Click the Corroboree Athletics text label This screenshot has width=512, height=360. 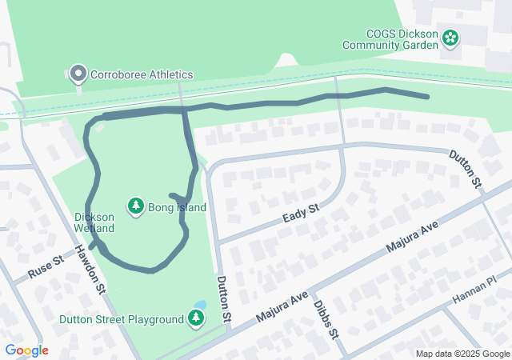pyautogui.click(x=142, y=74)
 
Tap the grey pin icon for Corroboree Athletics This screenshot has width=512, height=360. pyautogui.click(x=78, y=74)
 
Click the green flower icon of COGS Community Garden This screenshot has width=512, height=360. pyautogui.click(x=450, y=37)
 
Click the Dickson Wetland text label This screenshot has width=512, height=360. pyautogui.click(x=94, y=222)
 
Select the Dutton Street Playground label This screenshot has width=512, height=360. pyautogui.click(x=122, y=319)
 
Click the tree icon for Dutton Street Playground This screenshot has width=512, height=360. pyautogui.click(x=196, y=319)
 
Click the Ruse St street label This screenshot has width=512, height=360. pyautogui.click(x=45, y=267)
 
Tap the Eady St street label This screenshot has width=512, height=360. pyautogui.click(x=301, y=213)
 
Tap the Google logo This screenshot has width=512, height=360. pyautogui.click(x=26, y=350)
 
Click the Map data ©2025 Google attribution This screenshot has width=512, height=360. pyautogui.click(x=462, y=354)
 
